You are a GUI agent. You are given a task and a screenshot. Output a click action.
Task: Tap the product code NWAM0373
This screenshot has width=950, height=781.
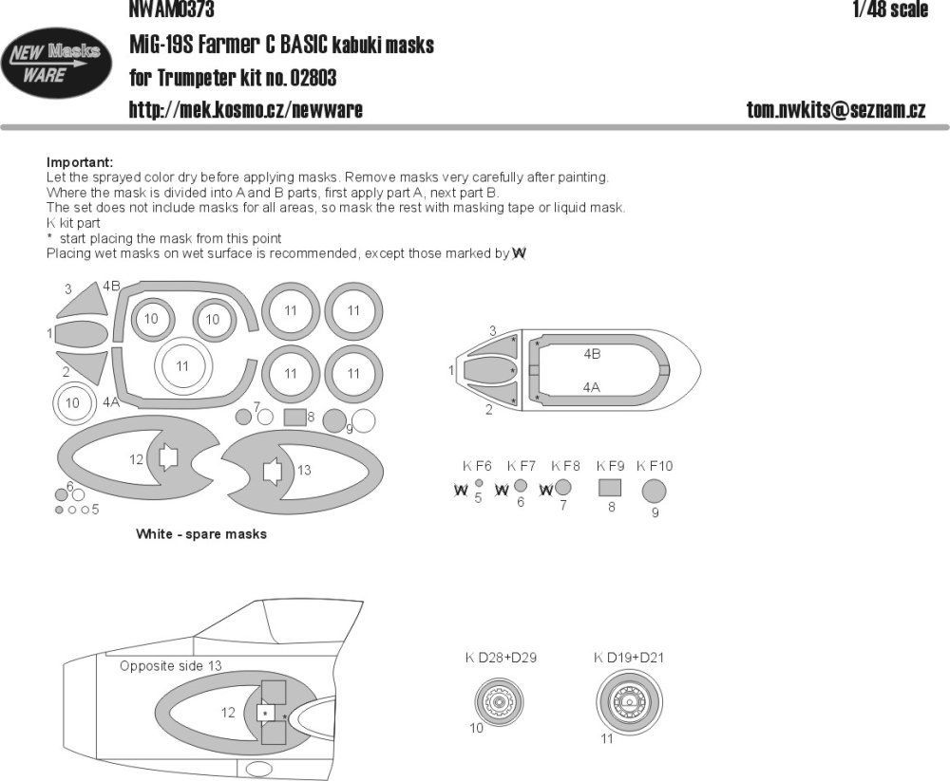pos(171,10)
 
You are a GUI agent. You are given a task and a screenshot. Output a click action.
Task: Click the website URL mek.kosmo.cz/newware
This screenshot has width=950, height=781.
pos(245,110)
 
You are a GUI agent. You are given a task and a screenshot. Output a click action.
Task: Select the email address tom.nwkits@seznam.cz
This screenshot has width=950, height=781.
pos(835,110)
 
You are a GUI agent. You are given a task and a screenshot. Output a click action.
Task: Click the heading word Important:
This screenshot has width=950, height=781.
pos(79,162)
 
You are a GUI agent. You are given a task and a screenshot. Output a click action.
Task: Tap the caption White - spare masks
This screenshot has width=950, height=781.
pos(200,534)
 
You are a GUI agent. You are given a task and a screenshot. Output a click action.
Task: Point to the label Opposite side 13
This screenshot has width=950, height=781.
pos(170,666)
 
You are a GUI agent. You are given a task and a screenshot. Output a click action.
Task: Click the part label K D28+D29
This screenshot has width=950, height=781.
pos(501,658)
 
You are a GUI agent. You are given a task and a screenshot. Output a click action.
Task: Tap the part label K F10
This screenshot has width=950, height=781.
pos(654,466)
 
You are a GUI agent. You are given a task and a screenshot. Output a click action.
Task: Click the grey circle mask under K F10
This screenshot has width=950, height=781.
pos(654,491)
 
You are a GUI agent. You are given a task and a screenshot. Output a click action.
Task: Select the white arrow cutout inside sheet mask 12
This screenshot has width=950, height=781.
pos(168,458)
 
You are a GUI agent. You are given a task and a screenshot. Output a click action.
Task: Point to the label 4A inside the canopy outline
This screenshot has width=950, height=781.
pos(591,387)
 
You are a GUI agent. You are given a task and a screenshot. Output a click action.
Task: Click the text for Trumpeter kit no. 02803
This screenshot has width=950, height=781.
pos(233,77)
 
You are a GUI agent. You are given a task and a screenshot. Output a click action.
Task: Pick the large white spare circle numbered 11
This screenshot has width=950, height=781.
pos(182,366)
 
